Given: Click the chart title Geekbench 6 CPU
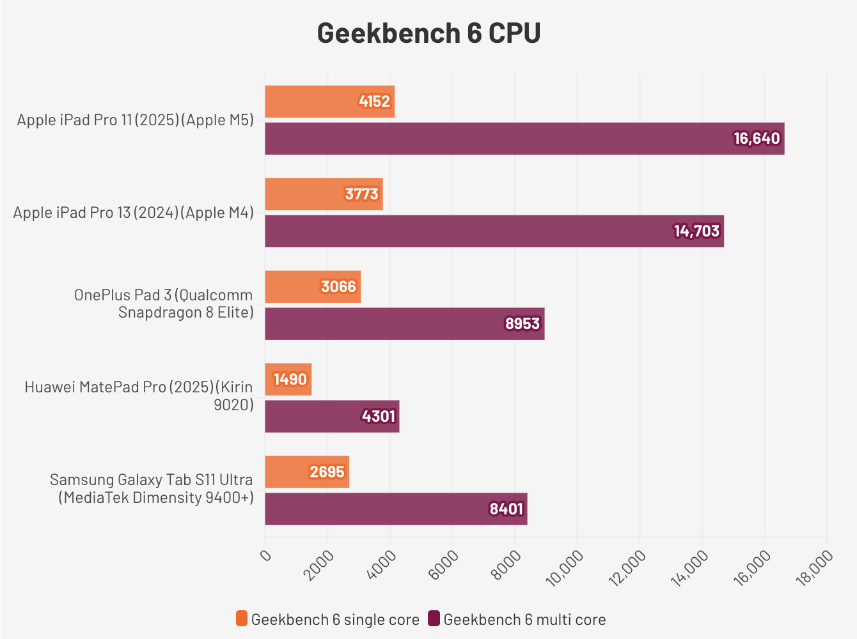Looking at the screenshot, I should point(428,33).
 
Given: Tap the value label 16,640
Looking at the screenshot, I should point(757,139).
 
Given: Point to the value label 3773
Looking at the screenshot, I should point(361,194).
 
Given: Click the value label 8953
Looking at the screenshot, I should point(523,324).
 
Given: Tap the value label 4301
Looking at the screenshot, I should point(379,417).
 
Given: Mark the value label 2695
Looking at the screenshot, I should point(327,472).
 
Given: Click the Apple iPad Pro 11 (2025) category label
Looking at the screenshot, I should point(136,120).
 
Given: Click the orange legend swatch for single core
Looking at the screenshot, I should point(241,619).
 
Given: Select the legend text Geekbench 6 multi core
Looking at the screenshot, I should point(524,619).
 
